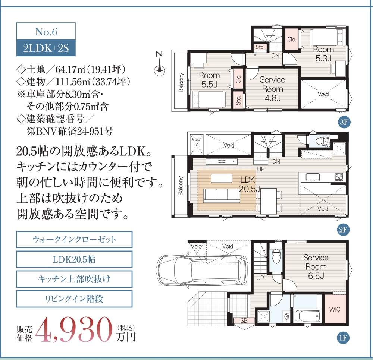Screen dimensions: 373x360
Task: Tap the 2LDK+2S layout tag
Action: pyautogui.click(x=46, y=48)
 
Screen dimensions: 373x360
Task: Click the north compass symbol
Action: pyautogui.click(x=160, y=64)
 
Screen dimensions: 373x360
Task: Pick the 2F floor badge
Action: pyautogui.click(x=343, y=230)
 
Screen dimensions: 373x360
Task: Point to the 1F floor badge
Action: pyautogui.click(x=343, y=337)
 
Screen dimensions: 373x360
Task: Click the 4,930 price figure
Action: pyautogui.click(x=74, y=329)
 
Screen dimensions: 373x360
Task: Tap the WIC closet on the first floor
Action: pyautogui.click(x=335, y=309)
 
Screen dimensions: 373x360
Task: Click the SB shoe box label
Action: pyautogui.click(x=244, y=320)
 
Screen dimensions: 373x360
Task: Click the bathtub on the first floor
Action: pyautogui.click(x=308, y=315)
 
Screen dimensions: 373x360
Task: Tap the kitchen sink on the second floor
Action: pyautogui.click(x=312, y=177)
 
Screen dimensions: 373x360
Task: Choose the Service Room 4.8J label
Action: pyautogui.click(x=272, y=89)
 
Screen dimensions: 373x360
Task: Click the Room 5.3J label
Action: pyautogui.click(x=323, y=54)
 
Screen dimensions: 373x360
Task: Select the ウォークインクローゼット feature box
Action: pyautogui.click(x=74, y=240)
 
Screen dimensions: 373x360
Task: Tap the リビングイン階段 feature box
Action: pyautogui.click(x=74, y=299)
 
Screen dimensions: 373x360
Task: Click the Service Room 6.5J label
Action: pyautogui.click(x=316, y=266)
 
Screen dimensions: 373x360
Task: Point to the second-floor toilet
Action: pyautogui.click(x=322, y=140)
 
